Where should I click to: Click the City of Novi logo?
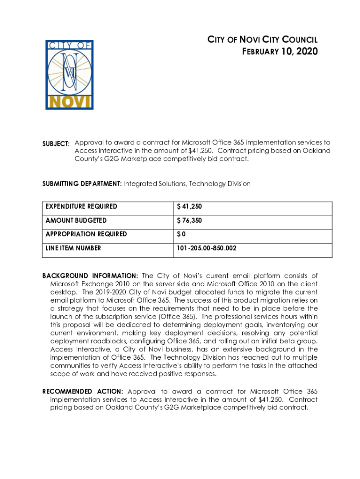point(69,75)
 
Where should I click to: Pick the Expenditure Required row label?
point(81,206)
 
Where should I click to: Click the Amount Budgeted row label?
point(76,220)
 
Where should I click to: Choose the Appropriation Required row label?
point(86,234)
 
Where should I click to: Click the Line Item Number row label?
point(73,248)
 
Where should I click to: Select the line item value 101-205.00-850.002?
point(206,248)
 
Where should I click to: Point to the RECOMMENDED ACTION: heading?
point(83,392)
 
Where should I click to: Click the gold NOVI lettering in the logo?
point(69,102)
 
